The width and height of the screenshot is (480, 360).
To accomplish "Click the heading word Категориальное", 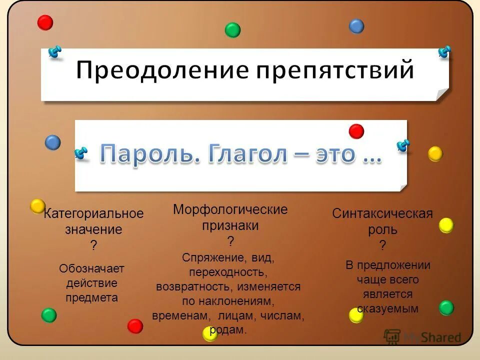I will coord(93,214).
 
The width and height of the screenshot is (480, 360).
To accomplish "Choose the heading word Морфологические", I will coord(230,209).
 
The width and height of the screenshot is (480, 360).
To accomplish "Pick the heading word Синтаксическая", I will coord(382,214).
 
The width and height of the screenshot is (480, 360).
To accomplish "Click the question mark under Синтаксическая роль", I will coord(382,245).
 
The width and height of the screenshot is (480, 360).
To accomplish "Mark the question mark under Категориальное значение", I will coord(93,245).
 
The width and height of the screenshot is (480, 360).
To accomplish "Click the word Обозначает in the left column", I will coord(91,269).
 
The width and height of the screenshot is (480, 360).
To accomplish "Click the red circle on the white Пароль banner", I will coord(356,131).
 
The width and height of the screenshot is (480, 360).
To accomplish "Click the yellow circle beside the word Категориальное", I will coord(37,206).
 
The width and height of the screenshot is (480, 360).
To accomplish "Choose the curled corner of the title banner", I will coord(442,94).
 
